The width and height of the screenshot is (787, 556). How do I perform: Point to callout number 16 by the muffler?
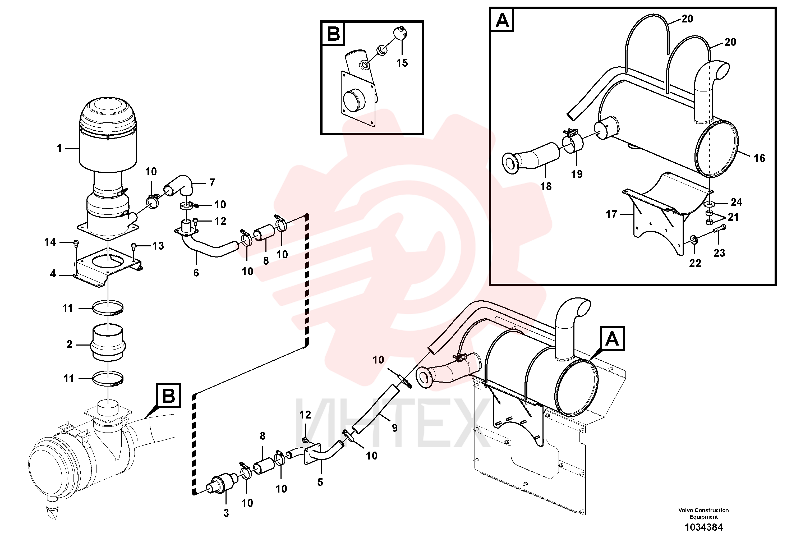(759, 158)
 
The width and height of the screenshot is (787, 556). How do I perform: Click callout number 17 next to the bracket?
(611, 215)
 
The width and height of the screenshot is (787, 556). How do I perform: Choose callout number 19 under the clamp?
(577, 174)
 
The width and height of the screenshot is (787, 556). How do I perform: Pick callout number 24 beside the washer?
(736, 202)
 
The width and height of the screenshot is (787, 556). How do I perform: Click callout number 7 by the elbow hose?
(212, 183)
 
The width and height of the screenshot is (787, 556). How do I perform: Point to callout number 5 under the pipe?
(320, 482)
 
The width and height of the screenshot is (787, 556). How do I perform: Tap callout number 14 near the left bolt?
(50, 242)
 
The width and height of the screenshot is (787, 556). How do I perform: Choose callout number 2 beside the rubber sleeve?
(70, 344)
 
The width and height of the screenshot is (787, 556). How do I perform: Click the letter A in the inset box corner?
(502, 20)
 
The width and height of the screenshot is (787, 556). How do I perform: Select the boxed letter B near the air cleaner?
(168, 396)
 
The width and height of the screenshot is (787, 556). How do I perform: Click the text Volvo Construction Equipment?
(703, 513)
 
